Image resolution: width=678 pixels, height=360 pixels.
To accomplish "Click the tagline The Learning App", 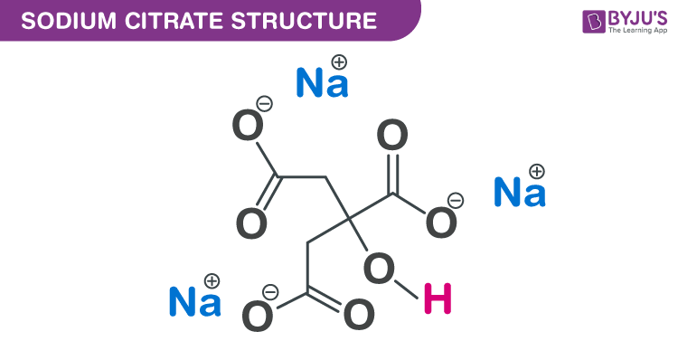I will point(622,33).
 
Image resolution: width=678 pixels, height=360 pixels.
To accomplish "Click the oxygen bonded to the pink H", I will point(379,269).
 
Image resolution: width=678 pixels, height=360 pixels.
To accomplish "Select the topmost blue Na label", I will point(322,84).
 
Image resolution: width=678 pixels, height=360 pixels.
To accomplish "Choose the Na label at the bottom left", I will point(195,302).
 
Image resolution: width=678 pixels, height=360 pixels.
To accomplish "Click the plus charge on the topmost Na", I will point(339,62).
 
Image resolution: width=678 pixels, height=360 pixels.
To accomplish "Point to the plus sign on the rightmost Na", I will point(536,171).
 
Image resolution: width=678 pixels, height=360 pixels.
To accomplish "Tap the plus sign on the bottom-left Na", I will point(212,280).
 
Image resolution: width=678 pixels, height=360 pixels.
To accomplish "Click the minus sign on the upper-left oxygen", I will point(263,103).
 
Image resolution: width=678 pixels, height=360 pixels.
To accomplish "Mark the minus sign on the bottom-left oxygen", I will point(269,291).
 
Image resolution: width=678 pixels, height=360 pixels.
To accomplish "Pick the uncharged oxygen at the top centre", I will point(392,138).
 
